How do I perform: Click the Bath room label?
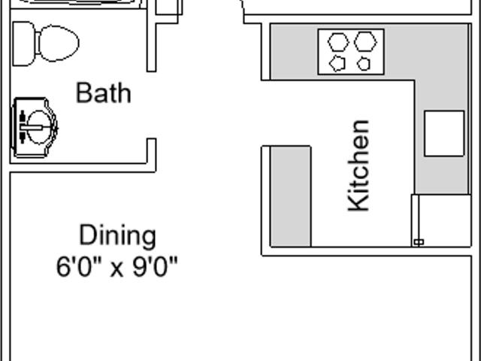(104, 93)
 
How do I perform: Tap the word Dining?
(117, 235)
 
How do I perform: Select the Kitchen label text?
(358, 165)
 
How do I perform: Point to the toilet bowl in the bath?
(59, 44)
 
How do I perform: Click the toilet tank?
(23, 44)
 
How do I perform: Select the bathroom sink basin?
(38, 127)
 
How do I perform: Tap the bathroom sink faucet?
(32, 127)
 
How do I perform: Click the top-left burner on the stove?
(338, 42)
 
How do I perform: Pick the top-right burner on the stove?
(365, 41)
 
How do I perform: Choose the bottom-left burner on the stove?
(337, 63)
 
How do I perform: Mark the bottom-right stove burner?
(364, 64)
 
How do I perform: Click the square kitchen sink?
(444, 134)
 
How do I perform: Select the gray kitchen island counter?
(291, 196)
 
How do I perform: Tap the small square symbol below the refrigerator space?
(419, 242)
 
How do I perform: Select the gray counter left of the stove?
(294, 52)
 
